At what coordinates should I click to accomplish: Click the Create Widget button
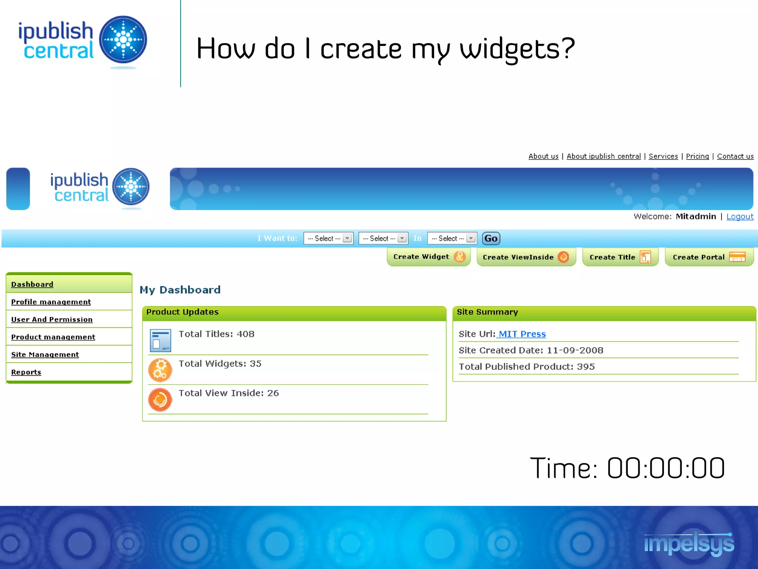[428, 257]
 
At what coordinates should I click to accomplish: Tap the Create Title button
[620, 257]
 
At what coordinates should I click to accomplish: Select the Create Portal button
[709, 257]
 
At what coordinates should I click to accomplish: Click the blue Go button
[491, 238]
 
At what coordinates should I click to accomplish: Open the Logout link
[739, 216]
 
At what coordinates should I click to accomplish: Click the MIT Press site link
[522, 334]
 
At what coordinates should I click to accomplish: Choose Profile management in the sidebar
[51, 302]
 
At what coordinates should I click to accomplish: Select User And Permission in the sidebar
[52, 319]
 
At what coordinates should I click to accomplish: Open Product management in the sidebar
[53, 337]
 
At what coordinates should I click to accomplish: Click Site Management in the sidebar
[45, 355]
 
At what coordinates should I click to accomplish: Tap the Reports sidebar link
[26, 372]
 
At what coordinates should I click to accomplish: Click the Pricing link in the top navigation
[697, 156]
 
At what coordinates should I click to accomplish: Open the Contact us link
[735, 156]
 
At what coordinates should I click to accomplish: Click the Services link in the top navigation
[663, 156]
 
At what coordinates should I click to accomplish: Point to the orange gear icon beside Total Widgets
[160, 370]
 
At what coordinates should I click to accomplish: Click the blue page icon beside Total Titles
[160, 340]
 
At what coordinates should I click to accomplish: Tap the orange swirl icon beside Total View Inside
[160, 400]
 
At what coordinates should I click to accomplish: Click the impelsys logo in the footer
[689, 544]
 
